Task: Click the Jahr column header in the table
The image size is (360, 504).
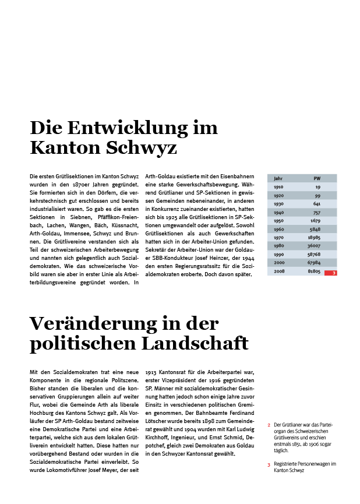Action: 278,178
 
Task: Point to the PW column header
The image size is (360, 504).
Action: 317,178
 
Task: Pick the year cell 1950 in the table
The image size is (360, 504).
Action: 278,221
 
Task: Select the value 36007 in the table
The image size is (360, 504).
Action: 315,247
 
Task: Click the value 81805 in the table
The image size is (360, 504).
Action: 315,273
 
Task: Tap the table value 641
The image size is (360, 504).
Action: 316,204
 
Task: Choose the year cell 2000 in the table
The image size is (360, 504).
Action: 279,264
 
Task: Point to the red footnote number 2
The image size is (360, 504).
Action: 269,425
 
